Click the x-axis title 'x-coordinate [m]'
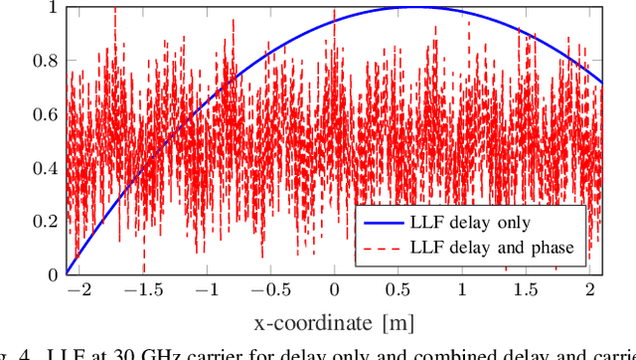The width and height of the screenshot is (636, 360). [334, 322]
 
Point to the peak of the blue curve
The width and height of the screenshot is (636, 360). [411, 8]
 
